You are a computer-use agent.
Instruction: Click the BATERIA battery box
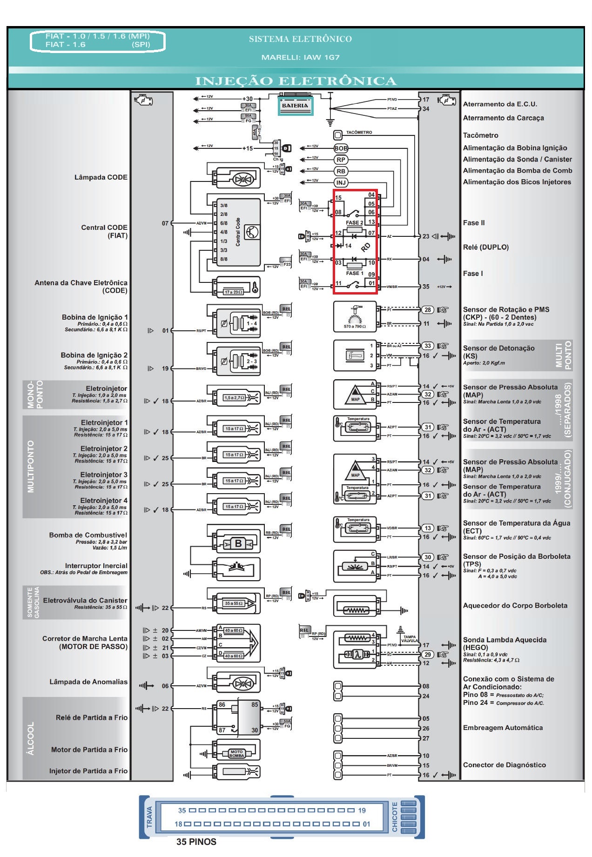(295, 106)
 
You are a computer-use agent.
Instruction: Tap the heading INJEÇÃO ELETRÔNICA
(296, 81)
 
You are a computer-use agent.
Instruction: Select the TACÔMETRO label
(359, 133)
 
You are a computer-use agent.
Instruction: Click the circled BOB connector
(341, 148)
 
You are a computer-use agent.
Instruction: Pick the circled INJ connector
(341, 183)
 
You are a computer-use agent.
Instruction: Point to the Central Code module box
(238, 232)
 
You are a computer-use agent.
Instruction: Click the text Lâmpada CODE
(101, 177)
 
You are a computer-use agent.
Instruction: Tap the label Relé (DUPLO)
(485, 247)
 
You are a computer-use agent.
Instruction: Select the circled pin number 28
(427, 310)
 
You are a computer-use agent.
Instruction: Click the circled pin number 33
(427, 346)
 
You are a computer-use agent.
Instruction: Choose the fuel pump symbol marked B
(238, 543)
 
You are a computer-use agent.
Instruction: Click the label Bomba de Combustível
(88, 535)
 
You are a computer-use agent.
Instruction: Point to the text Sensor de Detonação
(498, 348)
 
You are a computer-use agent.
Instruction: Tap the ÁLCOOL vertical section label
(31, 738)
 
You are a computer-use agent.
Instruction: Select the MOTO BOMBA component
(236, 753)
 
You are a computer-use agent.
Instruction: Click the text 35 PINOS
(196, 842)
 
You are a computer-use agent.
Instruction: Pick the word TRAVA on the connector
(149, 817)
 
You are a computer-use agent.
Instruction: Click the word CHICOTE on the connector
(395, 817)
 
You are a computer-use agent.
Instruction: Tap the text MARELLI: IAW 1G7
(300, 57)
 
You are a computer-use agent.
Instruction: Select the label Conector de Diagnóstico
(504, 765)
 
